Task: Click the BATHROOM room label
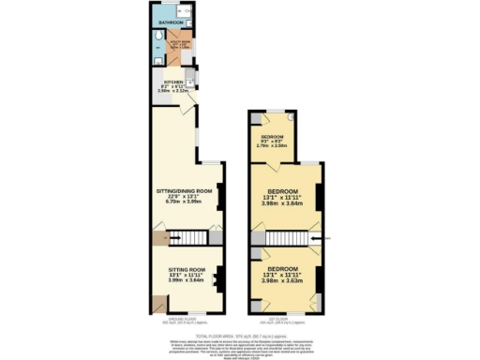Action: (170, 22)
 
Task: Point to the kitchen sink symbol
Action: (190, 78)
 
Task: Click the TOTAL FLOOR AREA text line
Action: (239, 334)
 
